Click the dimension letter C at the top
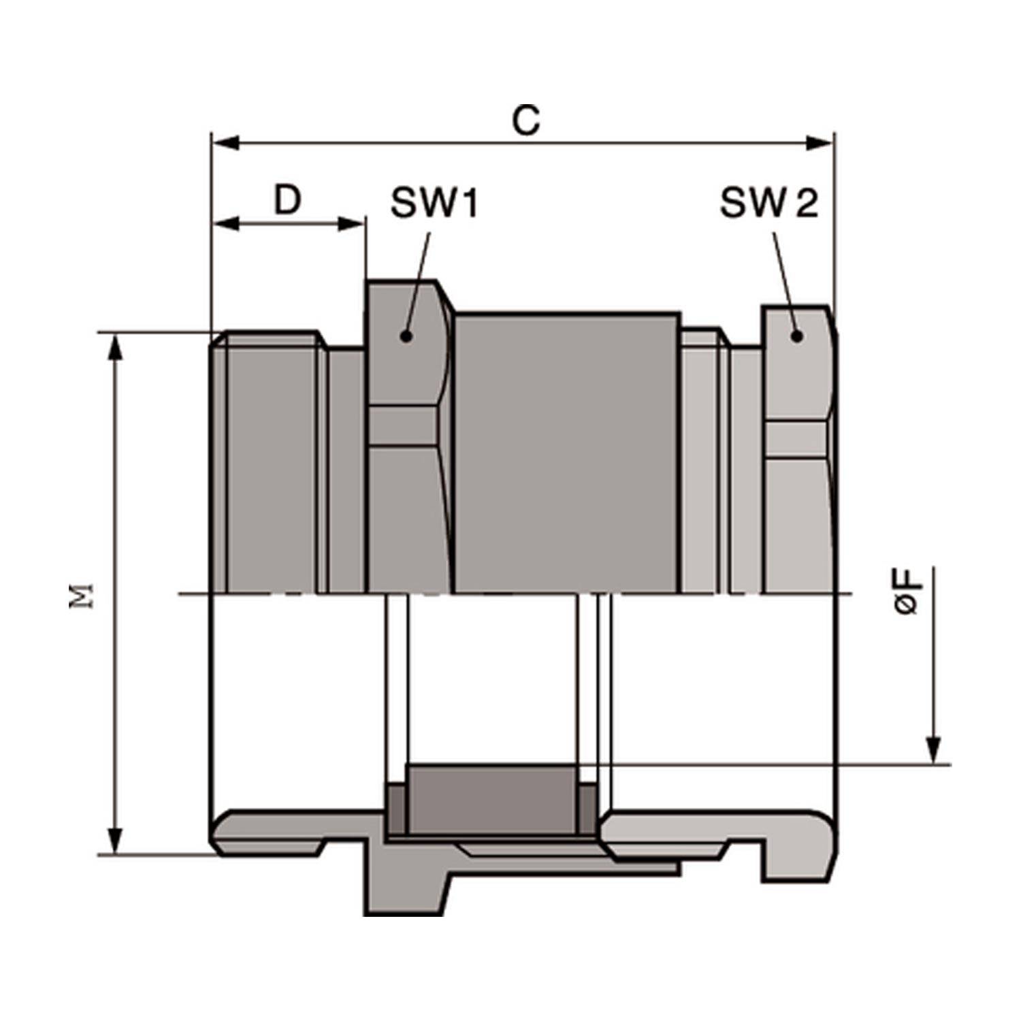(x=525, y=120)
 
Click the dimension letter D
(x=287, y=200)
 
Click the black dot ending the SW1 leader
(x=406, y=336)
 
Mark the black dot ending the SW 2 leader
(x=797, y=336)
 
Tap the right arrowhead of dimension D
(x=351, y=224)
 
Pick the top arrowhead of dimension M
(x=116, y=347)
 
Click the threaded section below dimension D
(x=271, y=463)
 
